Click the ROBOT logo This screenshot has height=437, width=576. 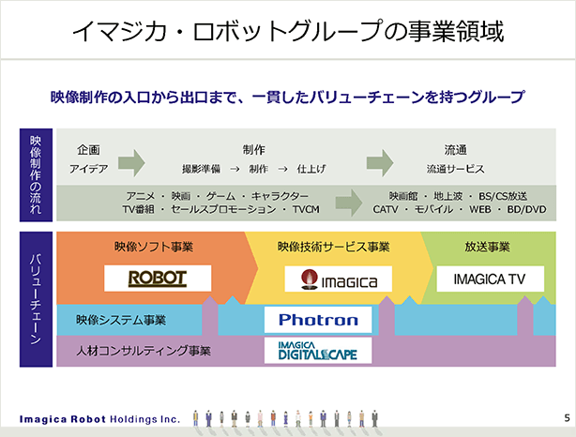coord(158,279)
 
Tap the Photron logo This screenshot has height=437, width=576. coord(318,320)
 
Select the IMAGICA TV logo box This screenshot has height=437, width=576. coord(490,279)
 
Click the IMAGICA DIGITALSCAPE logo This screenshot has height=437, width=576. coord(318,351)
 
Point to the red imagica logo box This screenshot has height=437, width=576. coord(339,279)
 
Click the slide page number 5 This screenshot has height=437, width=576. coord(568,418)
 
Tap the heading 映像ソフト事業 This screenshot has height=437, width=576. coord(154,247)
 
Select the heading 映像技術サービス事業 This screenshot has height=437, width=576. coord(333,247)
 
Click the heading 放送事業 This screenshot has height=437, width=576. coord(487,247)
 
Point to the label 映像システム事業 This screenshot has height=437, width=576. coord(121,320)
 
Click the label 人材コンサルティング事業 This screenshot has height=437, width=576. coord(144,351)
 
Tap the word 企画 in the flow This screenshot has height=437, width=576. coord(88,150)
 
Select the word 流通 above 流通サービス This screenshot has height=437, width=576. coord(456,150)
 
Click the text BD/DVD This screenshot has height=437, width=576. coord(527,209)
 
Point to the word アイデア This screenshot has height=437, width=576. coord(88,169)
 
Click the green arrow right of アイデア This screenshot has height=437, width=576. coord(131,162)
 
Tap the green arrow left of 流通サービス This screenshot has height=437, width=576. coord(380,162)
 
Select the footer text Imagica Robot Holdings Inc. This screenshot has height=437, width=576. coord(99,419)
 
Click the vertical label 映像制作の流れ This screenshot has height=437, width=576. coord(36,174)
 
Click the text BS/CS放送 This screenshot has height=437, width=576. coord(503,196)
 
